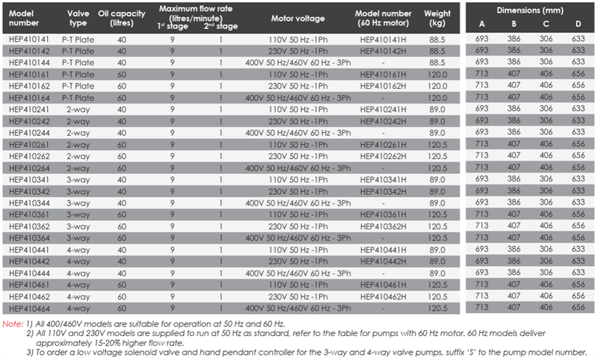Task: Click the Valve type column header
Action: [78, 18]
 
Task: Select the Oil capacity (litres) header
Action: [122, 18]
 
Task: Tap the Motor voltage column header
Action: [298, 18]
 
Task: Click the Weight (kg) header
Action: [437, 18]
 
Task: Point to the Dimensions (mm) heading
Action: [530, 10]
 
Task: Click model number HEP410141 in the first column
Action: [29, 40]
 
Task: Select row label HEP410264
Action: [29, 168]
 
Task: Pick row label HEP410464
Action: [29, 308]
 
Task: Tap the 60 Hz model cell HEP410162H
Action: [383, 86]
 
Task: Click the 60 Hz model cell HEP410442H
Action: [383, 261]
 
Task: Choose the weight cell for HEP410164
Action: [437, 98]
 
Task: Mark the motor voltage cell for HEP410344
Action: [298, 203]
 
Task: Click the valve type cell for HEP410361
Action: [78, 214]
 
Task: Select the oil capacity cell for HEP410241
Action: [122, 110]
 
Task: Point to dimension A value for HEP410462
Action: [481, 296]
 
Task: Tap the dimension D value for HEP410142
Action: [578, 50]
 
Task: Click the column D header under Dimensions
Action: [578, 24]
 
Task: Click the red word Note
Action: [13, 324]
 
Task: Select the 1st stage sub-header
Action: [173, 26]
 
